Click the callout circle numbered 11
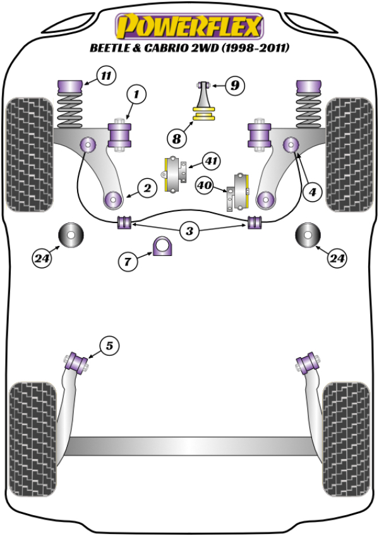(105, 77)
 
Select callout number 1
(136, 95)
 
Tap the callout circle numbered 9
(234, 85)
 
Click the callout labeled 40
(204, 186)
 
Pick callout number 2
(147, 187)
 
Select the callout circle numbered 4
(310, 193)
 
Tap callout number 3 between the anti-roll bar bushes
(189, 231)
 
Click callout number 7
(128, 260)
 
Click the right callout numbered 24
(337, 257)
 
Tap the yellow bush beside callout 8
(204, 114)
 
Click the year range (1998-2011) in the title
(259, 48)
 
